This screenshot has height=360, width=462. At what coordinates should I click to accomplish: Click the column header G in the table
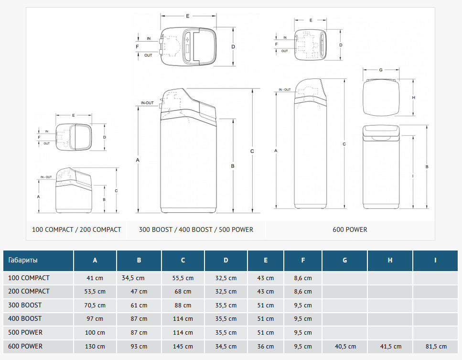(344, 260)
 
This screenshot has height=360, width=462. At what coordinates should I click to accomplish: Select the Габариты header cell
(23, 260)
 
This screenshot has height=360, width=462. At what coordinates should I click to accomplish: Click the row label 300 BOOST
(25, 305)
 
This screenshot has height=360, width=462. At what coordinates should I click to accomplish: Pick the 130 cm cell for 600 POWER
(95, 347)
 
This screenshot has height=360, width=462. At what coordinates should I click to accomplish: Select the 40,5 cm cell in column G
(344, 347)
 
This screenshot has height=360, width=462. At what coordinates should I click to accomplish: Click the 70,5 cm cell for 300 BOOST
(95, 305)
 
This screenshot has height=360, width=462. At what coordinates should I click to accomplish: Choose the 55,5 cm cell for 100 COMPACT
(183, 278)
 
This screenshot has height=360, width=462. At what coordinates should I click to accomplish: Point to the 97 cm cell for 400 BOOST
(95, 319)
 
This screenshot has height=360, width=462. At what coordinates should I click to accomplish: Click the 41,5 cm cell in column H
(390, 347)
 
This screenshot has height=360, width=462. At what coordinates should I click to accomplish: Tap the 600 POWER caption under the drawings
(350, 229)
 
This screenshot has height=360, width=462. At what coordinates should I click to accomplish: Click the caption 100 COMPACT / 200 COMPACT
(76, 229)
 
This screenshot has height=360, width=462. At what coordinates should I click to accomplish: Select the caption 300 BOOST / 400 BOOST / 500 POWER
(196, 229)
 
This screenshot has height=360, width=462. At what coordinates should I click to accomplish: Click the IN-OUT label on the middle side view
(147, 103)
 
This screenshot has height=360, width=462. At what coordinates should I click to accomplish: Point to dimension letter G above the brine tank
(380, 70)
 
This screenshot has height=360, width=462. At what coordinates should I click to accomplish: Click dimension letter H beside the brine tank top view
(413, 98)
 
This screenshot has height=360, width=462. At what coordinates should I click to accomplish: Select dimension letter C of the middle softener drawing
(252, 151)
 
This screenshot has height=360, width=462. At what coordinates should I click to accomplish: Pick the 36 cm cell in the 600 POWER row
(266, 347)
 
